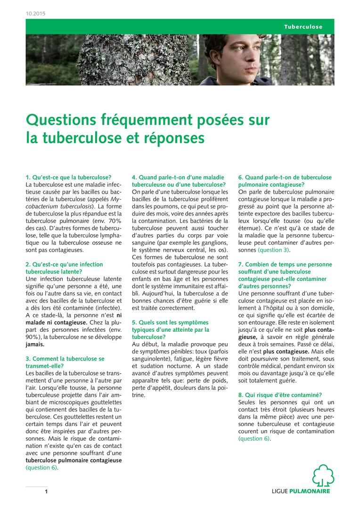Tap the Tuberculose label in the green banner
point(303,26)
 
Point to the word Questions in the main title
point(60,120)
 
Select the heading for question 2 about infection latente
point(64,268)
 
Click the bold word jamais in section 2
point(35,345)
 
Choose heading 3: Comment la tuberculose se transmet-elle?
point(65,362)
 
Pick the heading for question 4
point(179,181)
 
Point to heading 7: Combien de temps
point(285,272)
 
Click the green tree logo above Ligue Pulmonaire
point(323,475)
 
